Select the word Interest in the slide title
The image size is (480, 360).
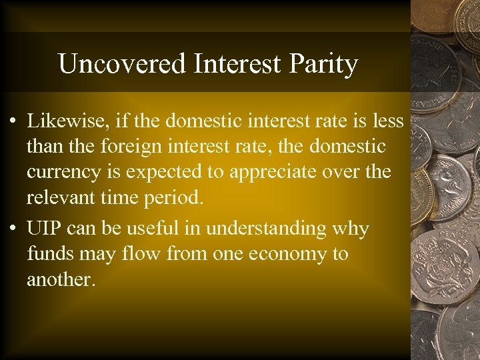(x=233, y=64)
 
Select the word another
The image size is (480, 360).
(x=61, y=279)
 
